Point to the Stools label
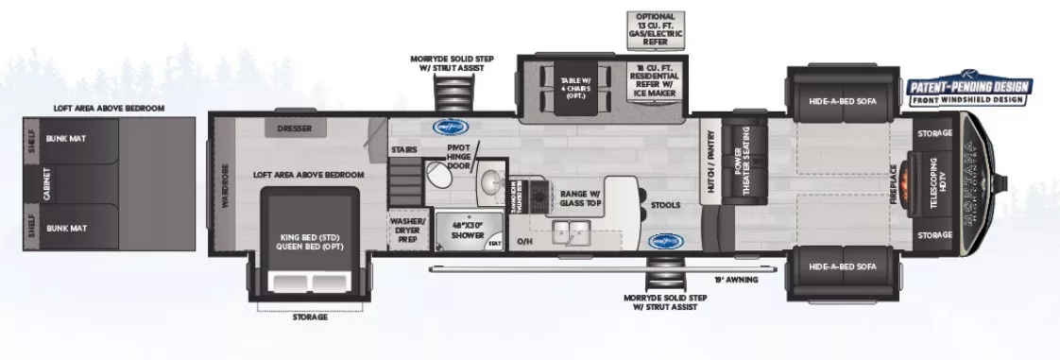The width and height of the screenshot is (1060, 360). point(666,203)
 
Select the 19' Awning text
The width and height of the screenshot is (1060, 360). point(738,281)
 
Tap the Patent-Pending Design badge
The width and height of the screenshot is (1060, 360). point(968,91)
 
